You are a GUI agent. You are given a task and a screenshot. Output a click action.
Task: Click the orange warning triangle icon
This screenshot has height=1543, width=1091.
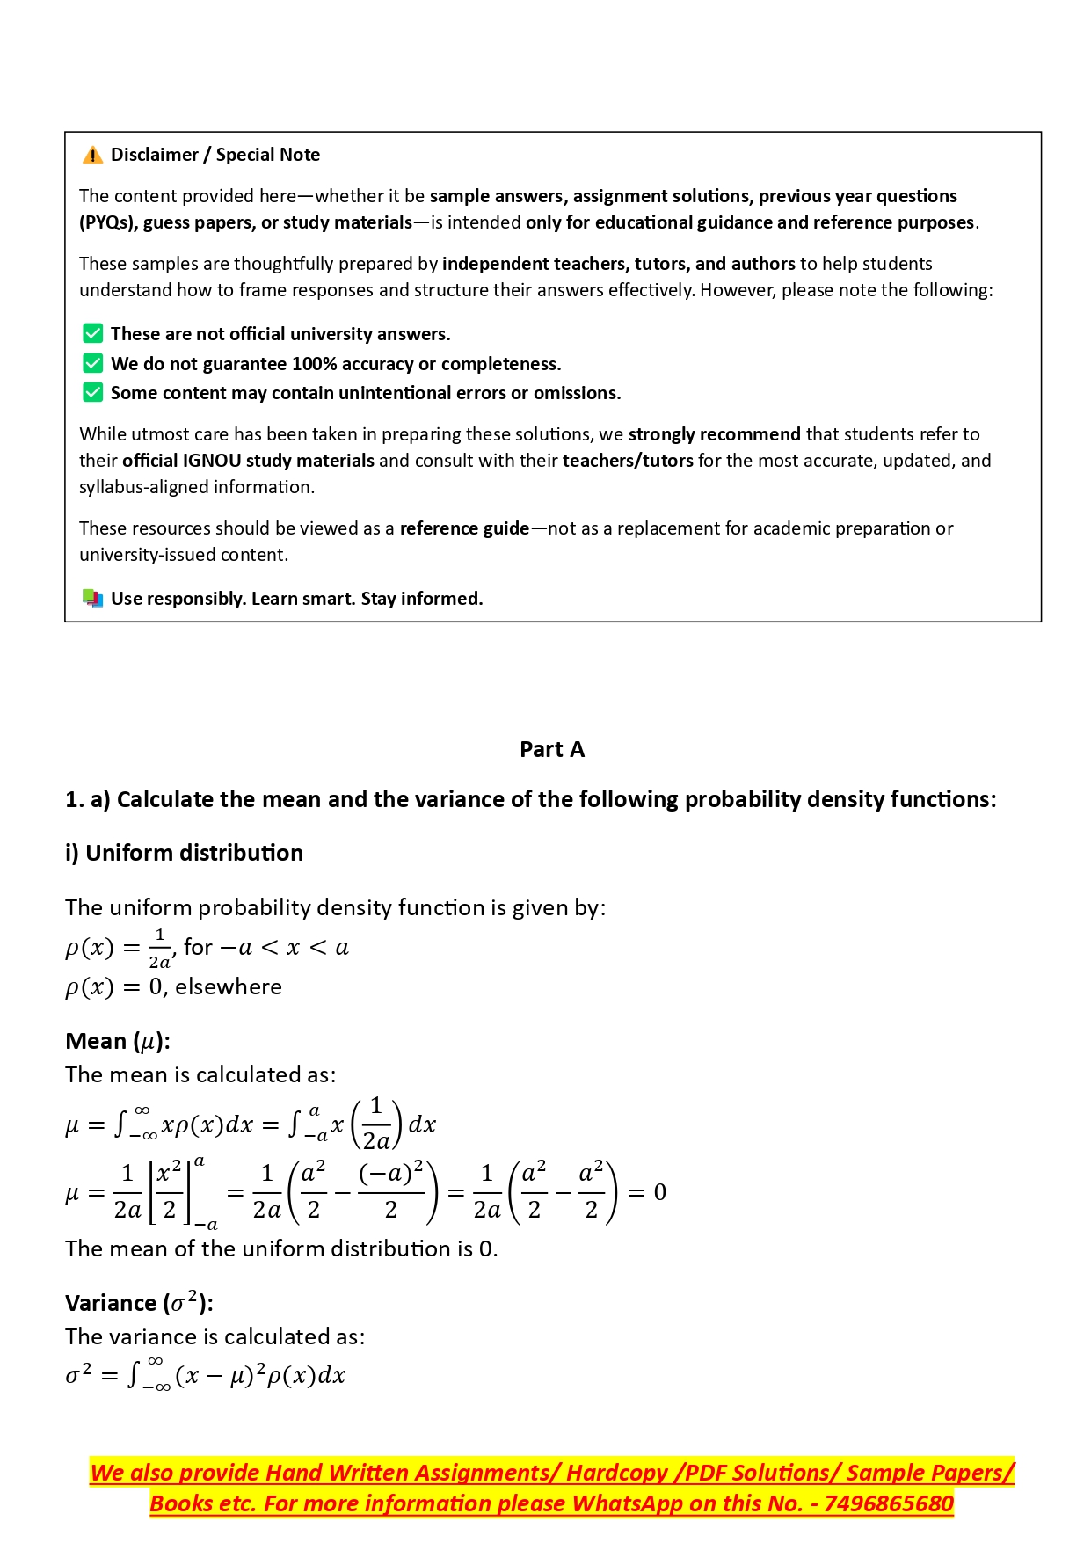pyautogui.click(x=92, y=156)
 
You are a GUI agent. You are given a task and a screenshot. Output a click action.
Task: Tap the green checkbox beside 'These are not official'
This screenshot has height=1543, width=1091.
pyautogui.click(x=92, y=334)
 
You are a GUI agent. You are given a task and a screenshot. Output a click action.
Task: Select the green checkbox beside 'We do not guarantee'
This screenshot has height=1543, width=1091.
pyautogui.click(x=92, y=364)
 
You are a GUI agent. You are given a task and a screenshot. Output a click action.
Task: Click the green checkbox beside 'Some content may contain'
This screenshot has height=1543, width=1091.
pyautogui.click(x=92, y=393)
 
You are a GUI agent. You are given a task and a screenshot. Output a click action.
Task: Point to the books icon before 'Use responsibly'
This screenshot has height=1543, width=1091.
pyautogui.click(x=92, y=599)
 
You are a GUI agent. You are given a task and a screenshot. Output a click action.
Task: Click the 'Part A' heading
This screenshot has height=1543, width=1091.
pyautogui.click(x=552, y=750)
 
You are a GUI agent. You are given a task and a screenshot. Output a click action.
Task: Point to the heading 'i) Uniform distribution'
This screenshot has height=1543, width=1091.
pyautogui.click(x=185, y=853)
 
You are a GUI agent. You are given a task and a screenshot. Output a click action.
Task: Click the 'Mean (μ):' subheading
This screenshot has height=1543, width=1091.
pyautogui.click(x=118, y=1042)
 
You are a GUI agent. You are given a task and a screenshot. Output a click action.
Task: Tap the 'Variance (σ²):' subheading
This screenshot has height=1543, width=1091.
pyautogui.click(x=139, y=1303)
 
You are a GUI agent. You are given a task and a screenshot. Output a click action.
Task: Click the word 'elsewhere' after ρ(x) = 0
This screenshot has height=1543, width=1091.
pyautogui.click(x=229, y=987)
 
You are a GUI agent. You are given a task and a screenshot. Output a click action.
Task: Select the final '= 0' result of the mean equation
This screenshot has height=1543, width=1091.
pyautogui.click(x=647, y=1193)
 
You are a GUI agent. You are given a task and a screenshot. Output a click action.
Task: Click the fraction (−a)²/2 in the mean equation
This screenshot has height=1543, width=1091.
pyautogui.click(x=391, y=1192)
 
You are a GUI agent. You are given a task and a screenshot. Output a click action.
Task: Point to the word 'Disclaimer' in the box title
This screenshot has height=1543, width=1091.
pyautogui.click(x=155, y=156)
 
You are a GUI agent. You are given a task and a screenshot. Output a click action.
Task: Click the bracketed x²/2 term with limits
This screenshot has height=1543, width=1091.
pyautogui.click(x=171, y=1192)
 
